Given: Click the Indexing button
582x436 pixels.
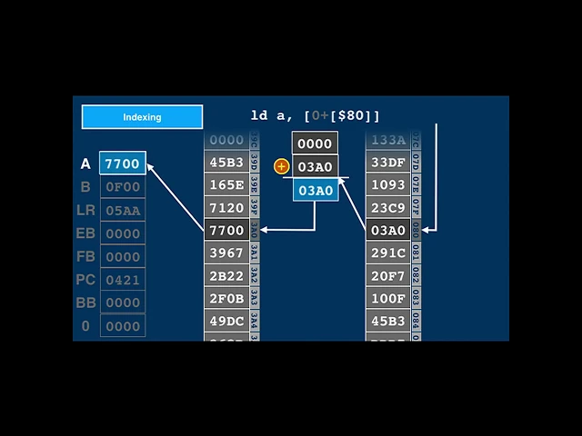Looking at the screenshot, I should (x=142, y=117).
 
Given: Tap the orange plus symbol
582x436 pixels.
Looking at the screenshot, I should (x=281, y=166).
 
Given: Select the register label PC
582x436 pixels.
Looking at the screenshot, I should (x=85, y=280).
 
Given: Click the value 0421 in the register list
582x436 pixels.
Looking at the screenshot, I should (x=123, y=280).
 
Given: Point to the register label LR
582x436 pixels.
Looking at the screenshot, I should (x=85, y=210).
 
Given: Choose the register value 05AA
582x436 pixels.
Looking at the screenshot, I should (x=123, y=211).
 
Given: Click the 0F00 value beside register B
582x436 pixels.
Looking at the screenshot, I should (x=123, y=187).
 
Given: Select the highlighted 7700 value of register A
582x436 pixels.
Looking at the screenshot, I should (x=123, y=163).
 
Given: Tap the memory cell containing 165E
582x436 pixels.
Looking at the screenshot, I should (x=226, y=185).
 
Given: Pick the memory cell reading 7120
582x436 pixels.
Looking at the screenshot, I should (x=226, y=208).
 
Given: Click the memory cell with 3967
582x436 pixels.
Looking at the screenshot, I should (x=226, y=253).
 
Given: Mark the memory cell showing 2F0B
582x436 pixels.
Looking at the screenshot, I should (x=226, y=298).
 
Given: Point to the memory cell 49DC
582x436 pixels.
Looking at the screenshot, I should (x=226, y=321).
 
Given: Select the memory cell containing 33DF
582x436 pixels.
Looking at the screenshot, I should (x=388, y=163).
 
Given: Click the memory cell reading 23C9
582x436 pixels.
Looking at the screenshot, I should (x=388, y=208).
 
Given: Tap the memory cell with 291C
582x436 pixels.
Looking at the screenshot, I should (x=388, y=253).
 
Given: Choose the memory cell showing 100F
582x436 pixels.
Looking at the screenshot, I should (x=388, y=298).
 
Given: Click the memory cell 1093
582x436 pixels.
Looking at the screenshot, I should (x=388, y=185).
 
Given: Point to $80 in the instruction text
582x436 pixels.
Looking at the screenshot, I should (x=350, y=116).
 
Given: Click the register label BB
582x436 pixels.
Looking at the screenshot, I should (x=85, y=302).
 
